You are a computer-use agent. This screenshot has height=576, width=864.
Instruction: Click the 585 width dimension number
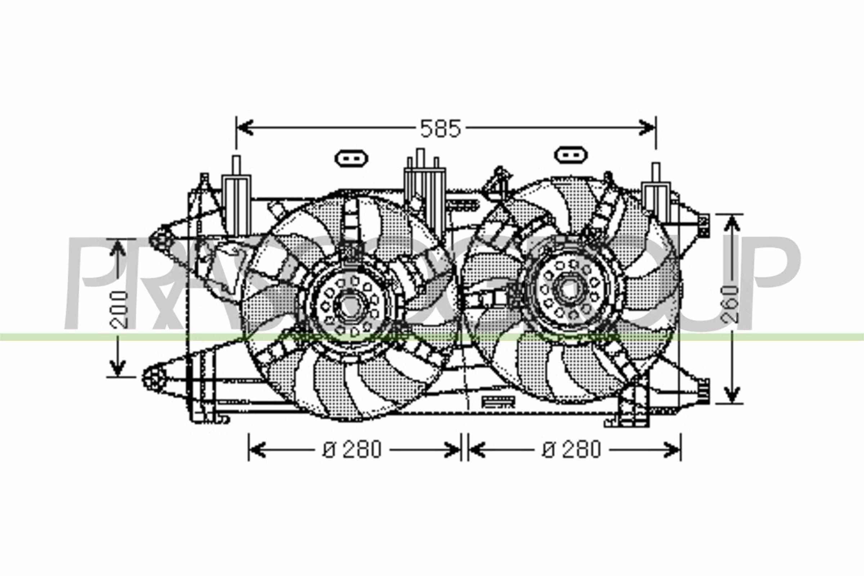440,129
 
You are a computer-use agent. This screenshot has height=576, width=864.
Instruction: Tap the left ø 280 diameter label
353,449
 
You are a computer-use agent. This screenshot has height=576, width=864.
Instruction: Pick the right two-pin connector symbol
572,155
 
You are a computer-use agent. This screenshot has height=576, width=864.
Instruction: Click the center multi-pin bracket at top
424,176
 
